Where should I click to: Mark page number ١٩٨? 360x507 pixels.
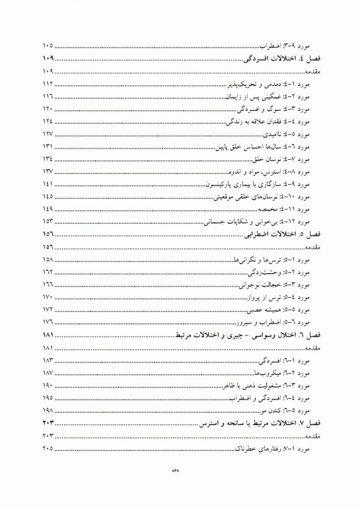47,410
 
